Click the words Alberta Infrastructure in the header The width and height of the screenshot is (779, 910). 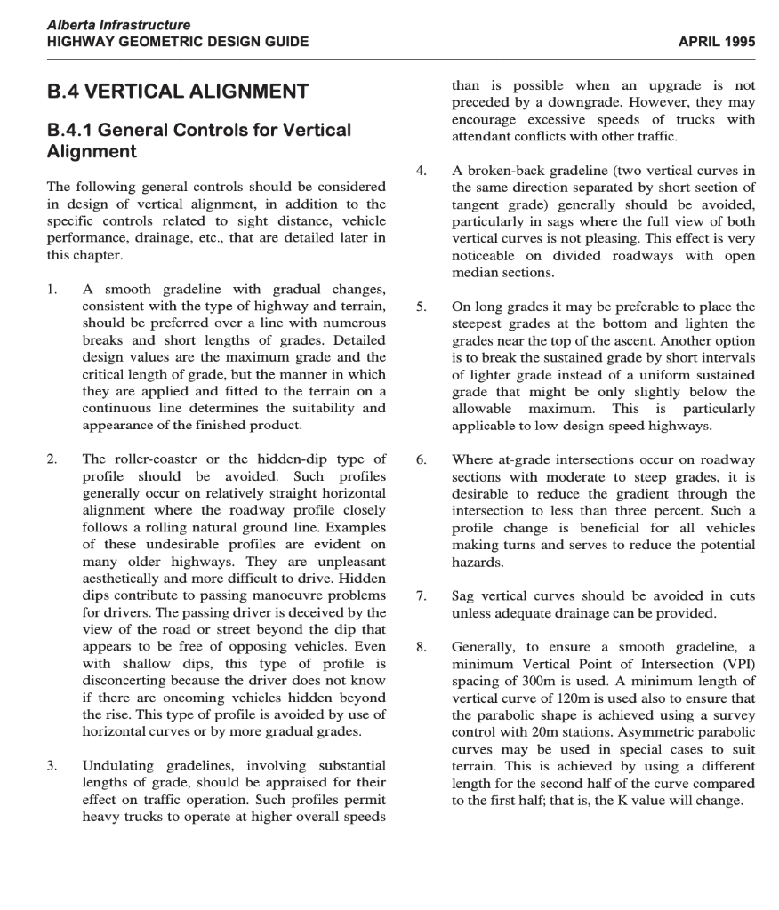tap(119, 26)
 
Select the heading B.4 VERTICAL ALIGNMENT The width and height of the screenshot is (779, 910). tap(178, 92)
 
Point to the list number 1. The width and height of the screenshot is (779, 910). tap(53, 289)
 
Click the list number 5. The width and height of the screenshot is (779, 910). tap(422, 307)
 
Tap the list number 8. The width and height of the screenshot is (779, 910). tap(422, 647)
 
